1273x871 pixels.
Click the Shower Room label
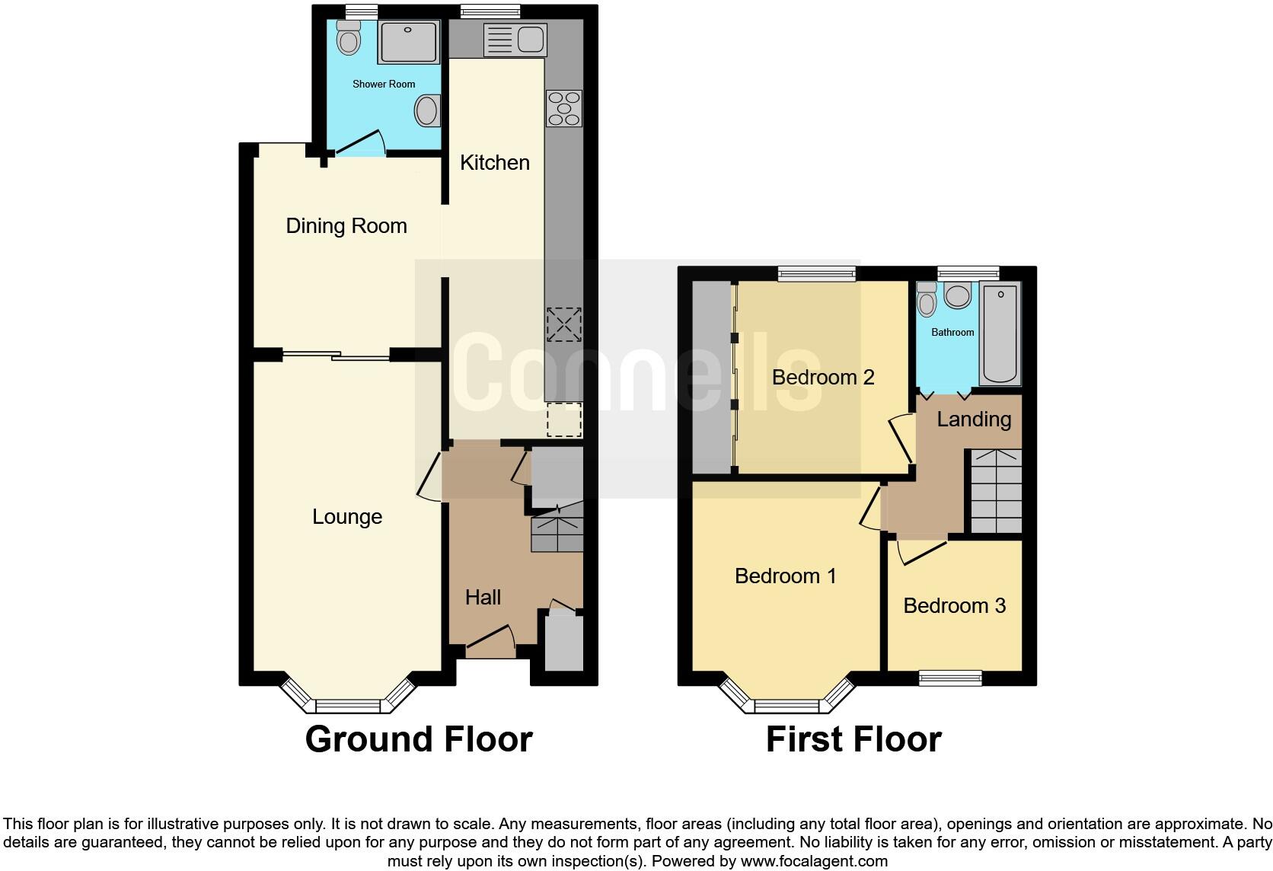(384, 84)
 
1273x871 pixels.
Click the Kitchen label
(495, 162)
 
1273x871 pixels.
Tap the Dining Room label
(346, 225)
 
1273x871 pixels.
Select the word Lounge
(347, 517)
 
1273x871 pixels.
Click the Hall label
(483, 597)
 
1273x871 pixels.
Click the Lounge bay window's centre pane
(347, 705)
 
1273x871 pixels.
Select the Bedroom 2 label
(823, 377)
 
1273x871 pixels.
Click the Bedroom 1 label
(786, 576)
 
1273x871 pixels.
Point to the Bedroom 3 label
(954, 605)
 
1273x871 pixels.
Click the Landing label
(974, 420)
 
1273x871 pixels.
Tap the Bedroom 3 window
(950, 677)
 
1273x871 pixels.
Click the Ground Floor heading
(419, 739)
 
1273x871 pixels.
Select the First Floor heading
(853, 739)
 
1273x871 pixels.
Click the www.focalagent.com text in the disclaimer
(814, 862)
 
